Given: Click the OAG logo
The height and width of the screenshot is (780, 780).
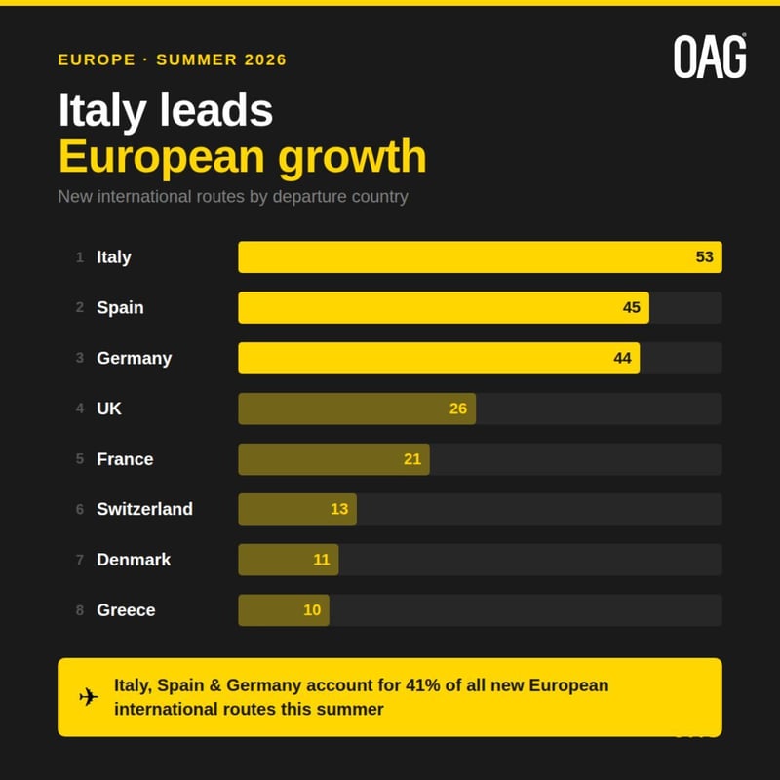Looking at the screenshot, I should (710, 57).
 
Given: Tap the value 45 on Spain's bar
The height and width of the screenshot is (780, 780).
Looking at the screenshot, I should (632, 308).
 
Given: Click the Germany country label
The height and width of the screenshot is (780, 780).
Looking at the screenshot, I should (134, 358).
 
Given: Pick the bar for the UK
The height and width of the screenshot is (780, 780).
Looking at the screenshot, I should (357, 409).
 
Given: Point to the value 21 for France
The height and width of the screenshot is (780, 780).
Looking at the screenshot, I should (412, 459).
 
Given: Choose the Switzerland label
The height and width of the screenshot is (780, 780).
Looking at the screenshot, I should (144, 509).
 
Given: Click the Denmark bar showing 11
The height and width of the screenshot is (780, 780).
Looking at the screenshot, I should (288, 560).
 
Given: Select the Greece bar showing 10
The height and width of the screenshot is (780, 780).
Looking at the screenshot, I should (283, 610).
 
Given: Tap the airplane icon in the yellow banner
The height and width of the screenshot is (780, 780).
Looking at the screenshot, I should (89, 697).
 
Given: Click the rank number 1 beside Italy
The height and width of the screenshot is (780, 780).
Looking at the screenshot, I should (80, 257).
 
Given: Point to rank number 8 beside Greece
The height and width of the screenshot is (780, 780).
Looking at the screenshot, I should (80, 610).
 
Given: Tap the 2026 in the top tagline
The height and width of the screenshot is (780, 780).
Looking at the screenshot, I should (263, 59).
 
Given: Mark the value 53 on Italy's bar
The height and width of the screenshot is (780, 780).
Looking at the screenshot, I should (705, 257).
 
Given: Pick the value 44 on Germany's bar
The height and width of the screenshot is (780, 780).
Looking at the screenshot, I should (622, 358).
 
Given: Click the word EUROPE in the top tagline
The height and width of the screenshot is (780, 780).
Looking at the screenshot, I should (97, 59).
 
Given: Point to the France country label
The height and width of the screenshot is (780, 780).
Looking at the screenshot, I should (125, 459).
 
